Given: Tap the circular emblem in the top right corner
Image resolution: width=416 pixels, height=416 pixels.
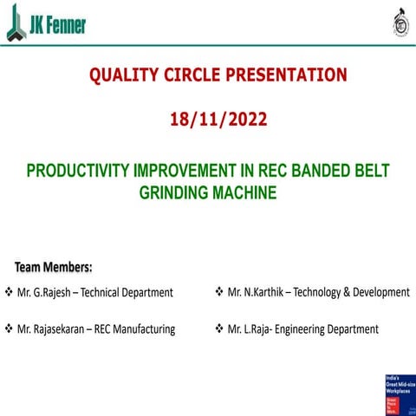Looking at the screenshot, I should tap(400, 23).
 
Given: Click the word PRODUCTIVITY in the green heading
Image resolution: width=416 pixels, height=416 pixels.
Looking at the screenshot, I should tap(78, 171).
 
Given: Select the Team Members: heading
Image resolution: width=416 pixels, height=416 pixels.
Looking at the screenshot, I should tap(53, 266).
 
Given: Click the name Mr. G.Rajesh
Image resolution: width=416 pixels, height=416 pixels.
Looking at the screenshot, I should tap(43, 293).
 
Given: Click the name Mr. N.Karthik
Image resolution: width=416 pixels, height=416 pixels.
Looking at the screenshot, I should tap(255, 293).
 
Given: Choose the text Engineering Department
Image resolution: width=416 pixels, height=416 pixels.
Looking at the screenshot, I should tap(329, 329).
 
